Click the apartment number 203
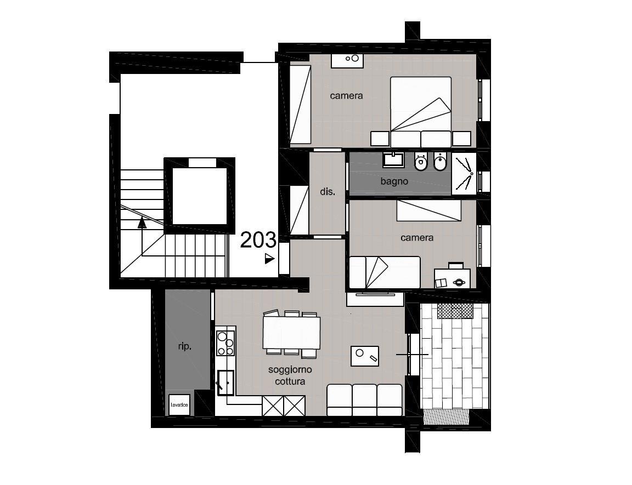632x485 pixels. (x=258, y=240)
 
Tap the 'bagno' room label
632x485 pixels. (x=394, y=181)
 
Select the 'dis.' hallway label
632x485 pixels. (x=328, y=192)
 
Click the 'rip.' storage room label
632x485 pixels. (x=184, y=346)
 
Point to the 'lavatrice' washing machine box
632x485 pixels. (x=179, y=405)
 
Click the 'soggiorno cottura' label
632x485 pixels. (x=290, y=375)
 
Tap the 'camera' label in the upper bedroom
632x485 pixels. (x=346, y=96)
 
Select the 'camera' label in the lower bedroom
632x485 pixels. (x=417, y=238)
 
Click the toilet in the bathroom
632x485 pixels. (x=421, y=162)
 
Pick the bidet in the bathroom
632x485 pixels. (x=440, y=162)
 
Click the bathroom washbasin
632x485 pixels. (x=393, y=159)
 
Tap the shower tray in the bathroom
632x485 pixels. (x=464, y=174)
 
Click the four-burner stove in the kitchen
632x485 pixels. (x=225, y=343)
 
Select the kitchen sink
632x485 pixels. (x=225, y=383)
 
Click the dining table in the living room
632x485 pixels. (x=291, y=333)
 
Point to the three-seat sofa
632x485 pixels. (x=364, y=400)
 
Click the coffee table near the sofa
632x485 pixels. (x=365, y=356)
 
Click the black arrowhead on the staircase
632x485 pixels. (x=142, y=222)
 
